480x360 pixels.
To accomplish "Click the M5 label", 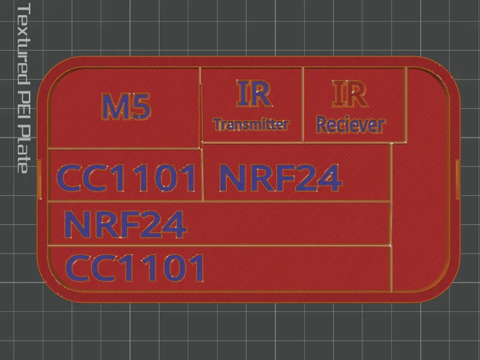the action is [x=126, y=106].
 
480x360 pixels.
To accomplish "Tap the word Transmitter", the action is [x=251, y=124].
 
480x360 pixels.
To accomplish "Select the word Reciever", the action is [x=351, y=125].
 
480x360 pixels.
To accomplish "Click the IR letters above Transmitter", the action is [x=253, y=94].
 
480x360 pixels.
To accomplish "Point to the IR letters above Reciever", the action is [x=350, y=94].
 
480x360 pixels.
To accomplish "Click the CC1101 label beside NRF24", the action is [x=126, y=178].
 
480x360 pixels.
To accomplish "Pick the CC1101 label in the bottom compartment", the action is [x=134, y=268].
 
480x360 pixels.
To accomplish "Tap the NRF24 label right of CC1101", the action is [x=280, y=178].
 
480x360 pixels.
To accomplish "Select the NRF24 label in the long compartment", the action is [x=125, y=224].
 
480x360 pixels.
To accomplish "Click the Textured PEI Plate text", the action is [x=23, y=88].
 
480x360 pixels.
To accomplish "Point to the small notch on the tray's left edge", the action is [x=39, y=179].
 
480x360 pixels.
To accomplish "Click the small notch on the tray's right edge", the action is [x=458, y=179].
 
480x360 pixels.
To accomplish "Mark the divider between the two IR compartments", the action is [x=304, y=104].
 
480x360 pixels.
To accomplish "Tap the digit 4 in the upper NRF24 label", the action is [x=329, y=178].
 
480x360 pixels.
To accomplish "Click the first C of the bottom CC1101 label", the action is [x=78, y=268].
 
